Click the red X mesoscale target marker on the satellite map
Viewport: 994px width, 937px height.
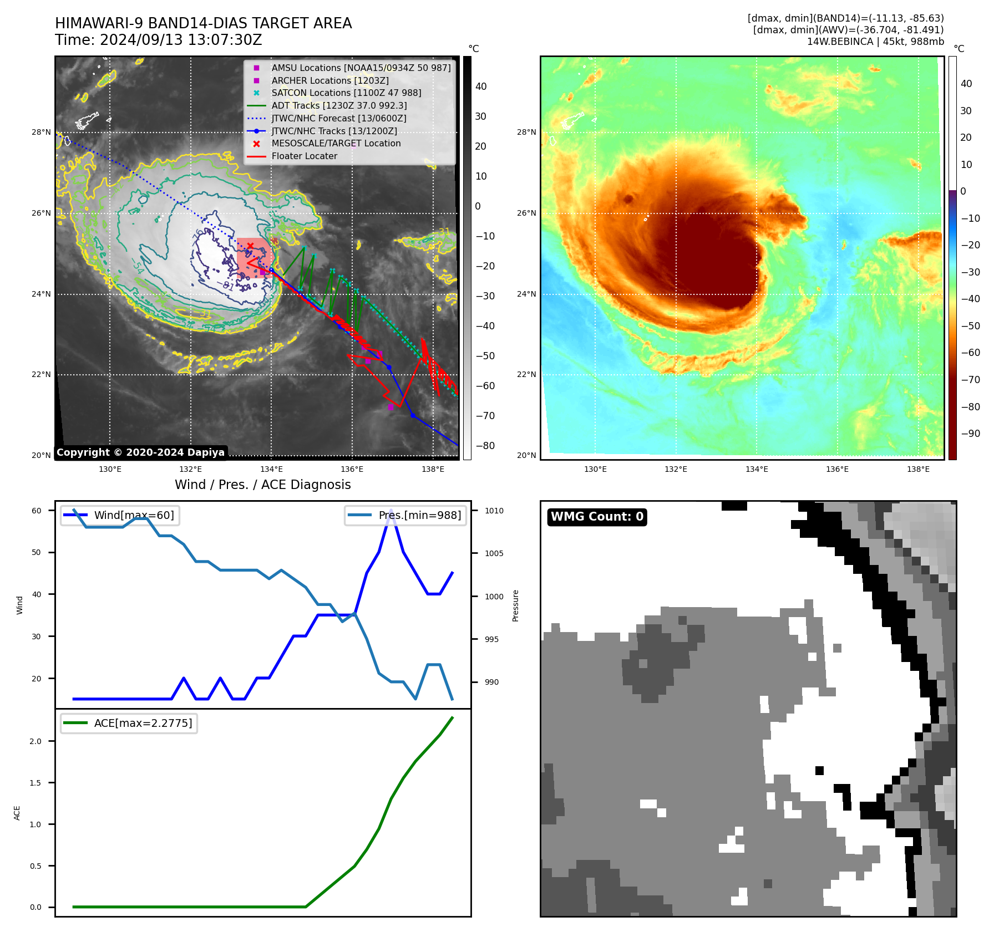coord(250,246)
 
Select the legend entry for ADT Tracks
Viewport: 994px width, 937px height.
coord(339,105)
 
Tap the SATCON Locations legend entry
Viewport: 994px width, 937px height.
coord(346,93)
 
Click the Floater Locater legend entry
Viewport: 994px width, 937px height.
coord(304,156)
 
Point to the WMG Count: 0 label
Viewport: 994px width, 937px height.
coord(597,517)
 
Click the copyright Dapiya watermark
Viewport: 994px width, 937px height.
coord(140,452)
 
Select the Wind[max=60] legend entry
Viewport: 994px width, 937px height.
coord(134,515)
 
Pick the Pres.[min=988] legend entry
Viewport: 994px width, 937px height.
coord(419,515)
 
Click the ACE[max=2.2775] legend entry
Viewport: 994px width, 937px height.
coord(143,723)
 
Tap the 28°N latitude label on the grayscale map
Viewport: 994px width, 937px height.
coord(41,132)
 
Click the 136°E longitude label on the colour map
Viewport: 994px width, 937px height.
coord(837,469)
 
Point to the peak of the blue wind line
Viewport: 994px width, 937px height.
coord(391,510)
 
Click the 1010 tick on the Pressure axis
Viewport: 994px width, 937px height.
coord(494,511)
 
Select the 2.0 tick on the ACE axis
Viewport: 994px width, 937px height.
coord(35,741)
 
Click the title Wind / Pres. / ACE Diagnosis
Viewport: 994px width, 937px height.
coord(262,485)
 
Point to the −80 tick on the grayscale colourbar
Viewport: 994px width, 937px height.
coord(485,446)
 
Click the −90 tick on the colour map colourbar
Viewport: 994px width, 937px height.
coord(970,434)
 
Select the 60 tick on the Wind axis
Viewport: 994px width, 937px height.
coord(37,511)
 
